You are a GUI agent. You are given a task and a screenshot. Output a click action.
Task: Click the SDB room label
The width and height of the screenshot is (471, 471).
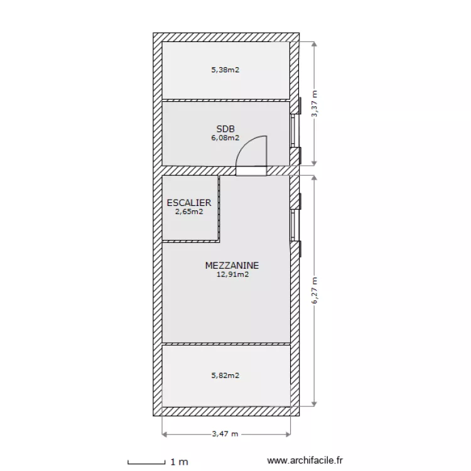tap(225, 129)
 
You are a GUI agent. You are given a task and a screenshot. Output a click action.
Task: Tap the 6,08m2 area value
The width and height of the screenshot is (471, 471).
tap(225, 138)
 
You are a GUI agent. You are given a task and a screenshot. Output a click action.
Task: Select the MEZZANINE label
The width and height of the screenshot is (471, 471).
tap(232, 266)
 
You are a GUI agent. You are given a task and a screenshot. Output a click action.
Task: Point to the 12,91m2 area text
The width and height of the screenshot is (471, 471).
tap(232, 274)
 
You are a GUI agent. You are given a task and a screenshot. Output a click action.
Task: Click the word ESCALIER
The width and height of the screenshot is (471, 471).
tap(189, 203)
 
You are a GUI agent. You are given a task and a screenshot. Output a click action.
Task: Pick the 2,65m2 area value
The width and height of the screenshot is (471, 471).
tap(189, 212)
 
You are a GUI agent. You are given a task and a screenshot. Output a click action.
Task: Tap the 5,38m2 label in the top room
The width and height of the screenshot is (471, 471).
tap(225, 70)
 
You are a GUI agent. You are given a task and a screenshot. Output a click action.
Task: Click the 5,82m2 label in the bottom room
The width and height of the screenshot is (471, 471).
tap(225, 376)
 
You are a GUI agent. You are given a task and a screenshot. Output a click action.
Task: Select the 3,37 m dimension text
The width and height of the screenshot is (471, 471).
tap(315, 104)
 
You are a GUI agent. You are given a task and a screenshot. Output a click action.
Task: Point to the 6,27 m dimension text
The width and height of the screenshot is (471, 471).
tap(315, 291)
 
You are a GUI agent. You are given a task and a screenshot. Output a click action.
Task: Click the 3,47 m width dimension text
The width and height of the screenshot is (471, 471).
tap(225, 434)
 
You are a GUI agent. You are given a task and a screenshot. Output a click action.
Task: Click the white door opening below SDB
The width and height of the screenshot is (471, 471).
tap(251, 171)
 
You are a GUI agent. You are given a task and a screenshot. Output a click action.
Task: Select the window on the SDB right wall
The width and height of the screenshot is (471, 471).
tap(295, 131)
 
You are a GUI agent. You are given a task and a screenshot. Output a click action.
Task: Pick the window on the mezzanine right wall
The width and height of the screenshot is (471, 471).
tap(295, 225)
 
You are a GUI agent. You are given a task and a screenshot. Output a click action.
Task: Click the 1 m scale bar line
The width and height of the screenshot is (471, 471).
tap(146, 463)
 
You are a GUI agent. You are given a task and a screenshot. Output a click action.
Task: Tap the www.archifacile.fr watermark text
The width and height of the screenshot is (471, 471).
tap(305, 460)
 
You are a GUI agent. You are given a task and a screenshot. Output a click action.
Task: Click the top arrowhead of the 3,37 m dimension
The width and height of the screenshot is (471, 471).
tap(314, 44)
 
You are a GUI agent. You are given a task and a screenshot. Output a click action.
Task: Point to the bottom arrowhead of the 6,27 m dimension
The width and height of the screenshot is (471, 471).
tap(314, 404)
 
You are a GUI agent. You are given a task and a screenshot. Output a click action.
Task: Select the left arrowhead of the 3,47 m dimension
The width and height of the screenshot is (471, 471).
tap(165, 434)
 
